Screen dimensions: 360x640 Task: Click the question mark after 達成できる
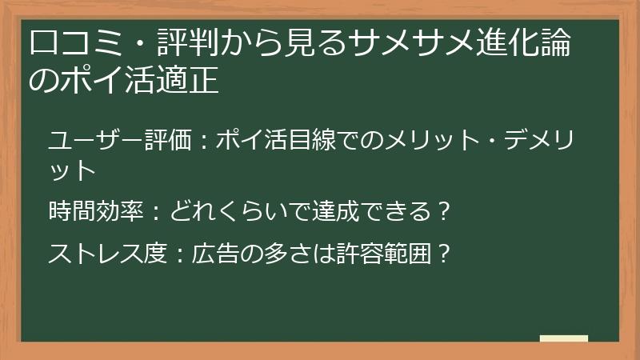point(445,212)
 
